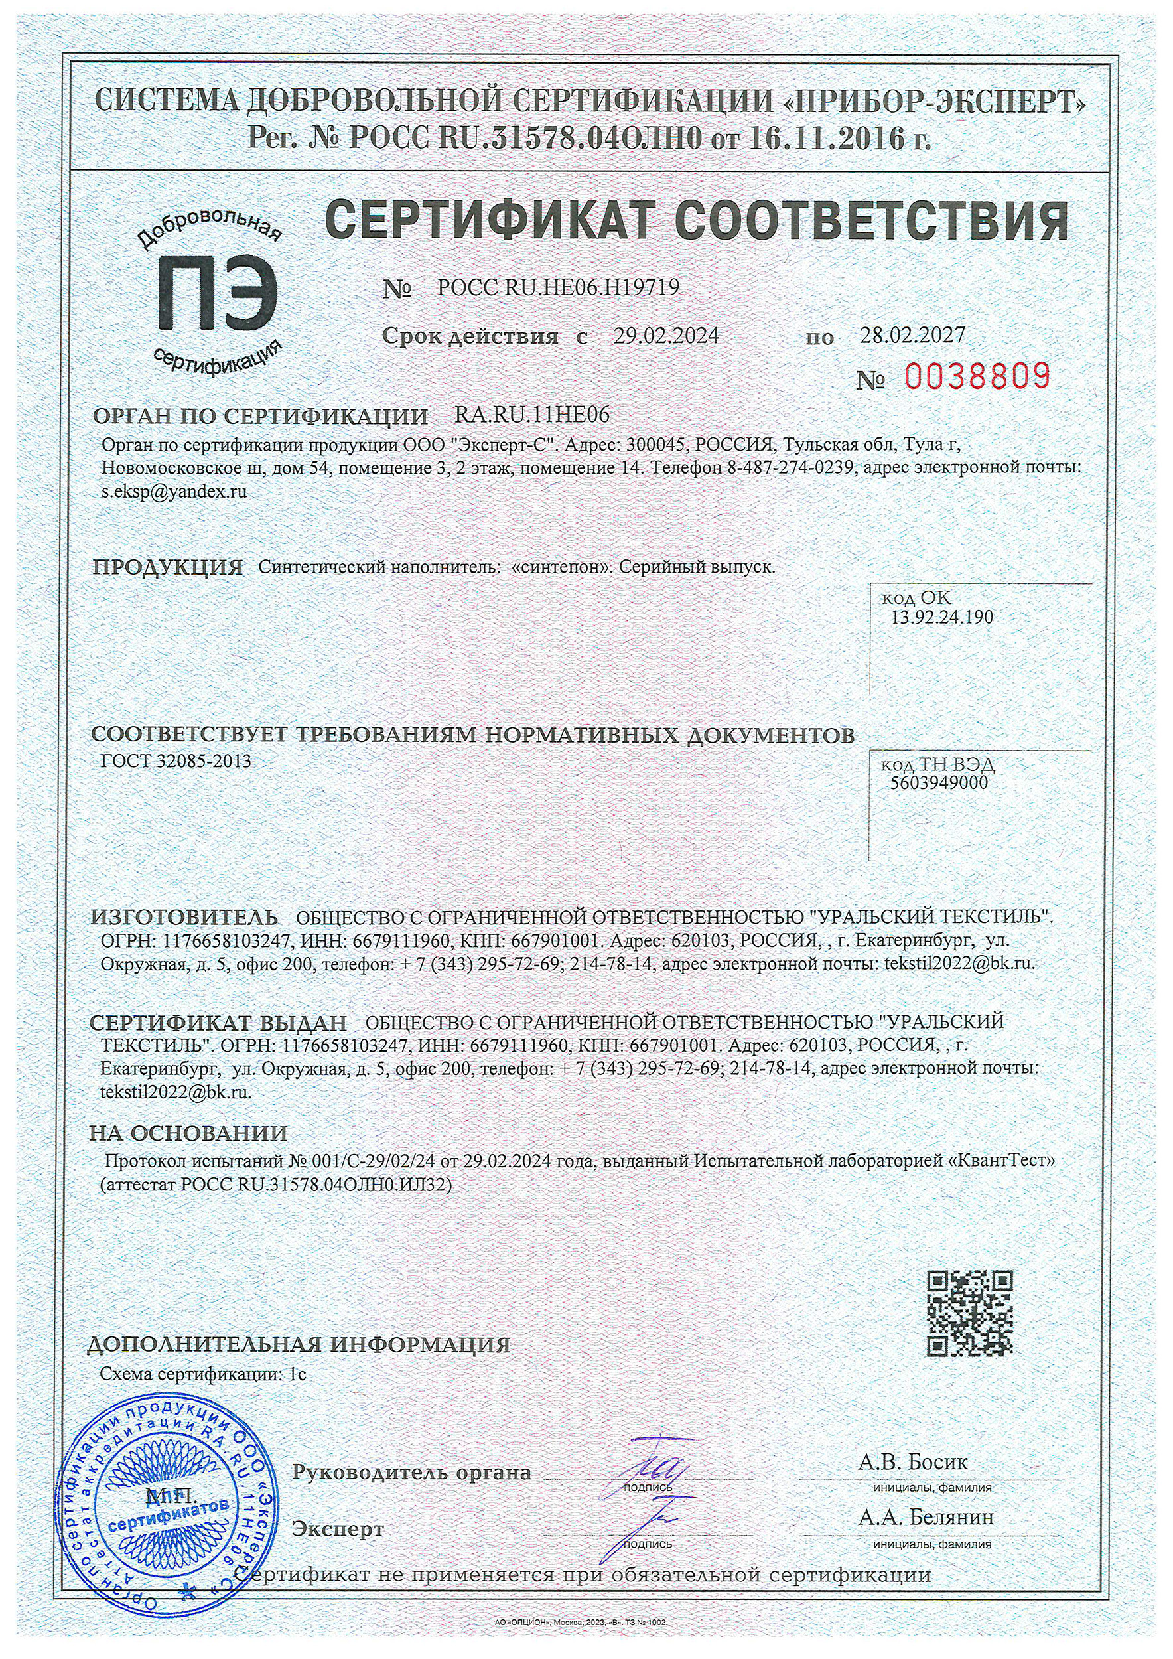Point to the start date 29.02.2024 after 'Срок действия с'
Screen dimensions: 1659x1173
(666, 336)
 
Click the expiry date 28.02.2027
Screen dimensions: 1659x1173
(912, 334)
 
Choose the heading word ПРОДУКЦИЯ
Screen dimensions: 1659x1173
(168, 567)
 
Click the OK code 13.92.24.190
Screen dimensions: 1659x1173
(942, 617)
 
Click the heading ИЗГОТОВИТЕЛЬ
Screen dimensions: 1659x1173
(184, 918)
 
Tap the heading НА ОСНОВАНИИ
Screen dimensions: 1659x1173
(188, 1133)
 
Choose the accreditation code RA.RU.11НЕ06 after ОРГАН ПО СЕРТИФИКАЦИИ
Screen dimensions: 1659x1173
(531, 415)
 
